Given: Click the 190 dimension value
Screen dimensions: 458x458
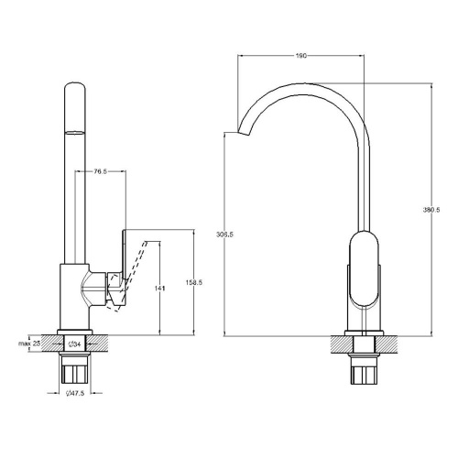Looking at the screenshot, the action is tap(301, 56).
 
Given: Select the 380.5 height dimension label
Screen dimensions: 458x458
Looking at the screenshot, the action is tap(431, 210).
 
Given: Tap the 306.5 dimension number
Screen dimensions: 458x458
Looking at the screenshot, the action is tap(224, 234).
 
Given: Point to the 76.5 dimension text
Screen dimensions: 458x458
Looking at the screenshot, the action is tap(100, 171).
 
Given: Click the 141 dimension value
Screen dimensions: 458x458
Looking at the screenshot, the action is tap(159, 288).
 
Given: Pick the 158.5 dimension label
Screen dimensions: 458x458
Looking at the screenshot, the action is tap(194, 283).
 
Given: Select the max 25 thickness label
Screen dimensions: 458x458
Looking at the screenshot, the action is tap(29, 343).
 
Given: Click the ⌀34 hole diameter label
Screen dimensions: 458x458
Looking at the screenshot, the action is tap(75, 344).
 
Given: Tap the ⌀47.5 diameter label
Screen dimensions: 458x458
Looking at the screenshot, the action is tap(75, 393).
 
